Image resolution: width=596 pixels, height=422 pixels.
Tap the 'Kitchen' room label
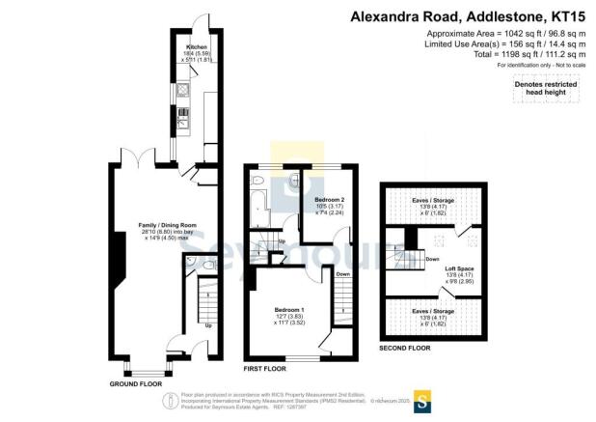pos(173,46)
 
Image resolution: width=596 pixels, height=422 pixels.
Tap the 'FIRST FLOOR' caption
pos(266,369)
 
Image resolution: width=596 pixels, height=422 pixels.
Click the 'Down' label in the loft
pos(433,259)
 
